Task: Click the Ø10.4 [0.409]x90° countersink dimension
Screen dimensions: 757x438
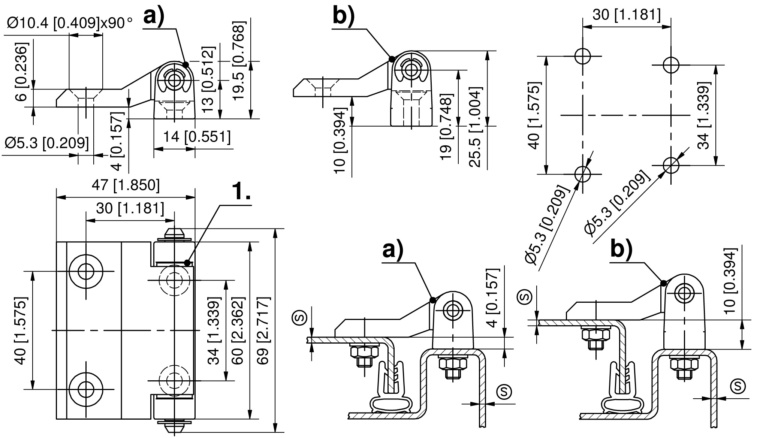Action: point(70,23)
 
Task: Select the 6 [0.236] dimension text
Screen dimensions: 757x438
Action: point(22,72)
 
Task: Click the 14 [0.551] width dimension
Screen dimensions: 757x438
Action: point(197,137)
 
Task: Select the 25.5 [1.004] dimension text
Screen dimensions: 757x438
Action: point(475,127)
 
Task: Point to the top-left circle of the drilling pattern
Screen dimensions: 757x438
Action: point(582,57)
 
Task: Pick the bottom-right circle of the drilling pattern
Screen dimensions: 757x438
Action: point(671,165)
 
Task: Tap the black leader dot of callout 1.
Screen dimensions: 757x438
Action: point(187,263)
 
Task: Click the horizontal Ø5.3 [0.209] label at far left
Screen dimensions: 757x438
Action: point(47,143)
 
